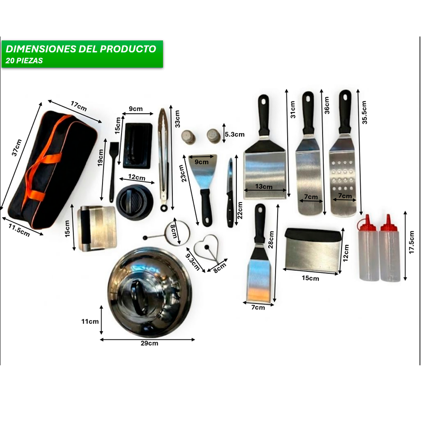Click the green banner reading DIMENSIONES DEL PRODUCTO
[x=81, y=49]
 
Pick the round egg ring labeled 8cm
[x=179, y=233]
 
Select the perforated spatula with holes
[x=343, y=174]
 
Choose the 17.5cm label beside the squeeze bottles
[x=412, y=242]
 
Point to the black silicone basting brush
[x=113, y=169]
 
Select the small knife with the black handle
[x=230, y=193]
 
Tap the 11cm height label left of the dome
[x=90, y=321]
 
